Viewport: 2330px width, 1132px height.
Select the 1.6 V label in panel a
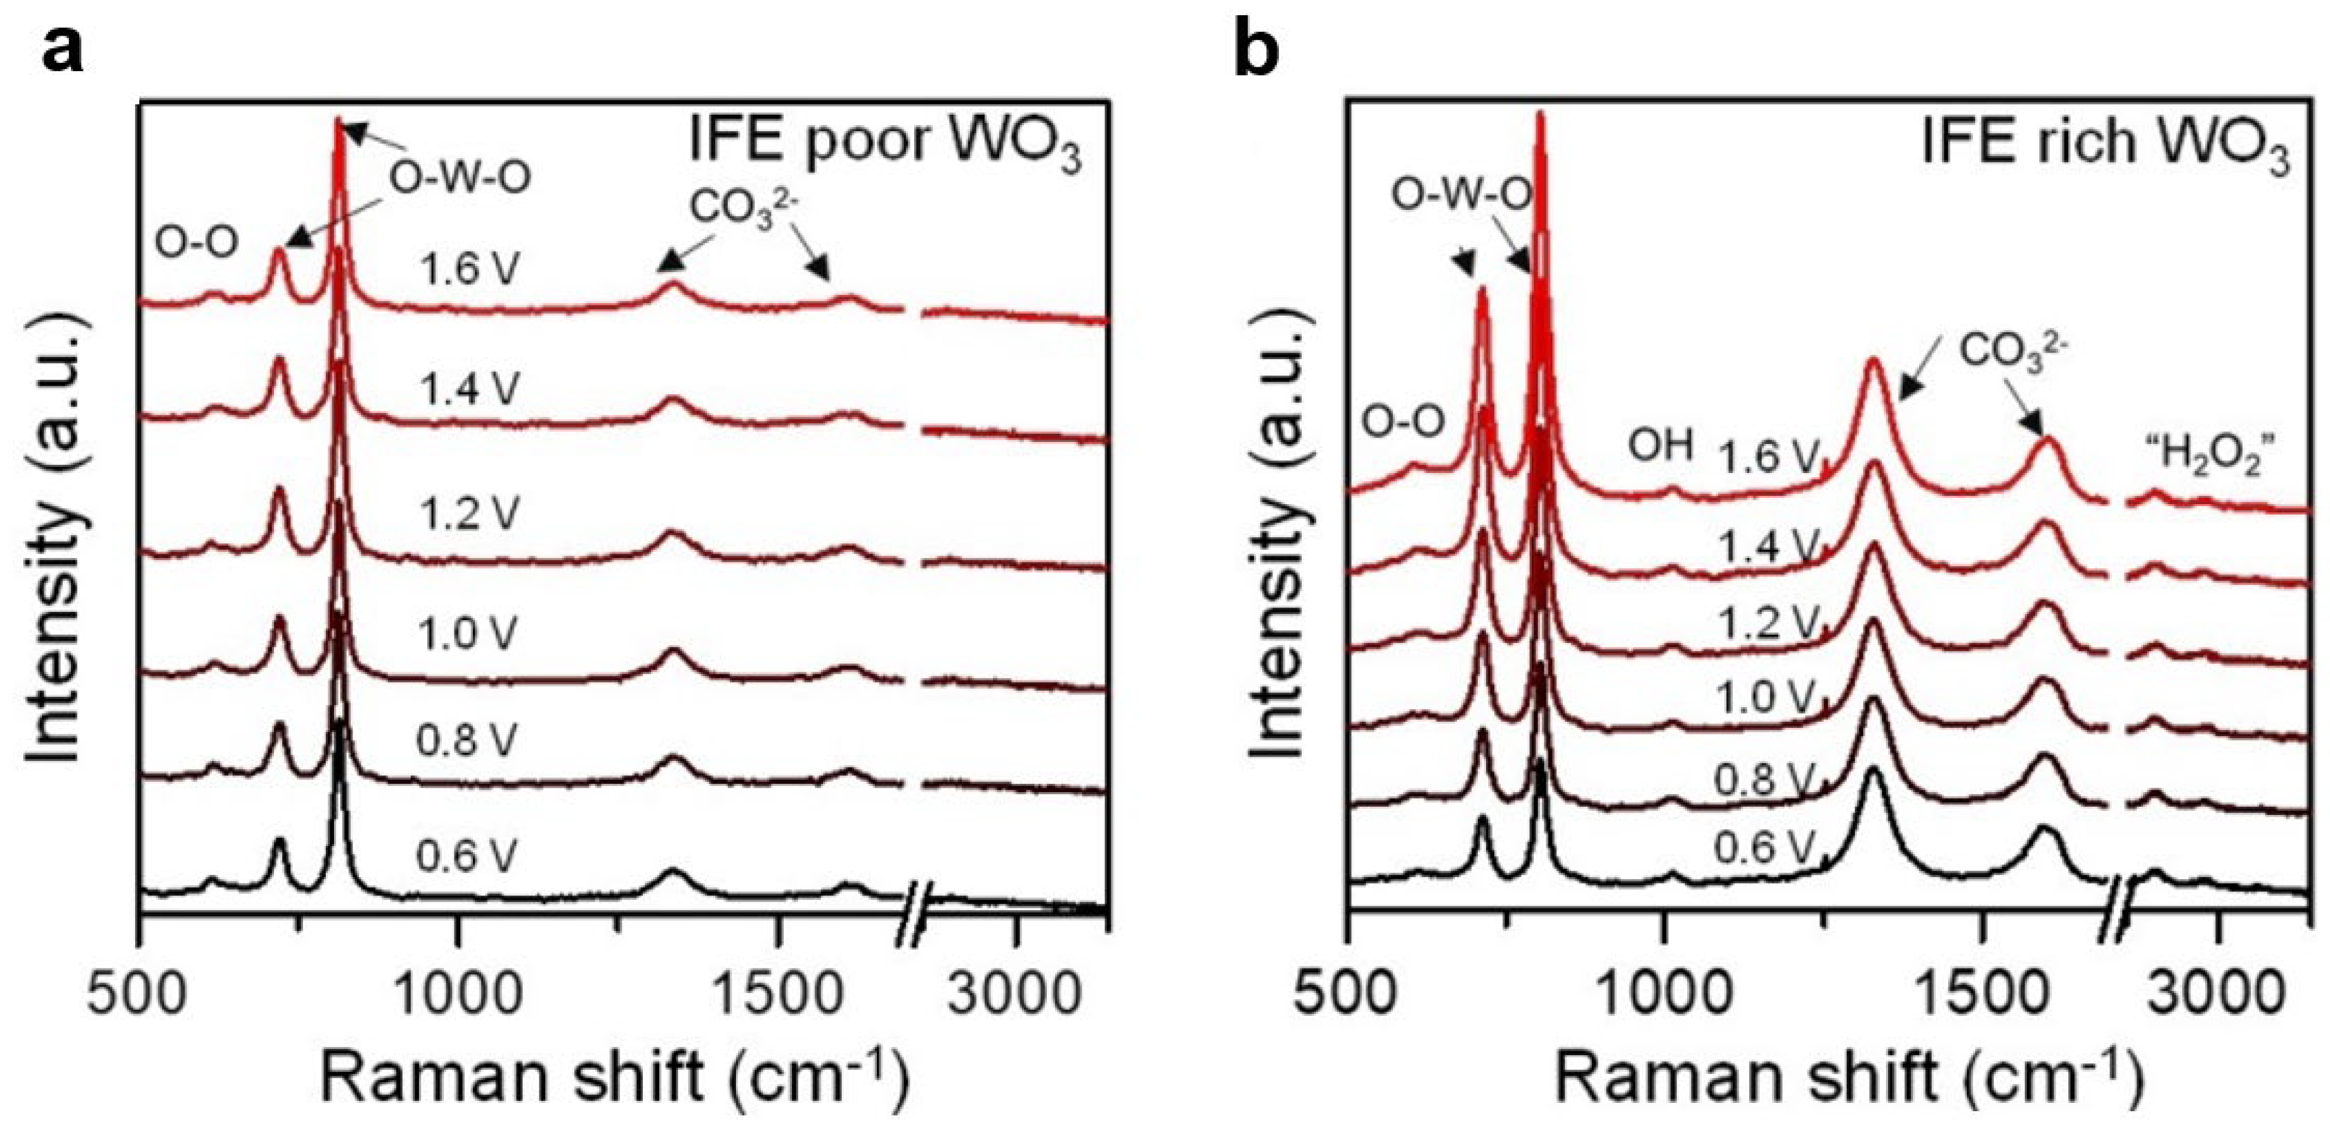coord(469,270)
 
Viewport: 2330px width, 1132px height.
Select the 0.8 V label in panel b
coord(1764,780)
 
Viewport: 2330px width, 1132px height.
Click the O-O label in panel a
coord(197,242)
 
